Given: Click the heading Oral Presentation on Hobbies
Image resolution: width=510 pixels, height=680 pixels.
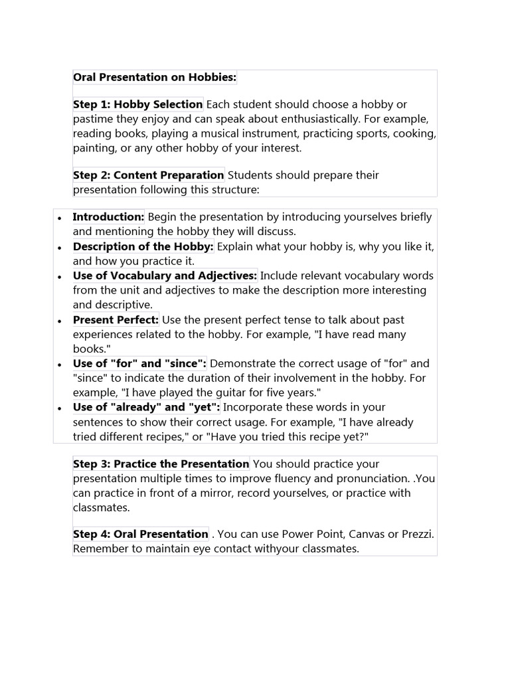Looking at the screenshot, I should [x=154, y=78].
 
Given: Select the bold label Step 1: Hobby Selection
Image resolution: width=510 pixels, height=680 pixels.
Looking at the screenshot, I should [x=137, y=104].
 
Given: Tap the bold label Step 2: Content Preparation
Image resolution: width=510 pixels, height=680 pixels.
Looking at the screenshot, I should [x=148, y=175].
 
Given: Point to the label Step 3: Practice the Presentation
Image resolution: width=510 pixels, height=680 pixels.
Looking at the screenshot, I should [x=161, y=464].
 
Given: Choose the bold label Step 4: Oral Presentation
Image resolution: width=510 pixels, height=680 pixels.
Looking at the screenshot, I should [x=140, y=534].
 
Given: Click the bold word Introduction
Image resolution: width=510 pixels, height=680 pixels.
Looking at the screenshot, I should [x=108, y=217].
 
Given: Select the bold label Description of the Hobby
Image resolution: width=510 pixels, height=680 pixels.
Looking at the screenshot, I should [x=143, y=246].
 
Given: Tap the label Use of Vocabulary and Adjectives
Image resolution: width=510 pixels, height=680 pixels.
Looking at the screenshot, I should [x=165, y=276].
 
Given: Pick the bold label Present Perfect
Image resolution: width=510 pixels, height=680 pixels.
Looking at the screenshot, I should [x=116, y=320].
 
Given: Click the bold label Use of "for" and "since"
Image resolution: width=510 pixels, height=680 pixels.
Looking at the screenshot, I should [x=139, y=363].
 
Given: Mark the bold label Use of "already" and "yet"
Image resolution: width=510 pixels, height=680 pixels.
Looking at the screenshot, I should [x=146, y=407].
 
